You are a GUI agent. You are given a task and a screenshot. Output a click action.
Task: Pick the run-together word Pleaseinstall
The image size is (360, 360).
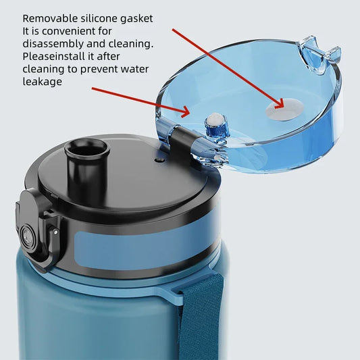click(x=59, y=56)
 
